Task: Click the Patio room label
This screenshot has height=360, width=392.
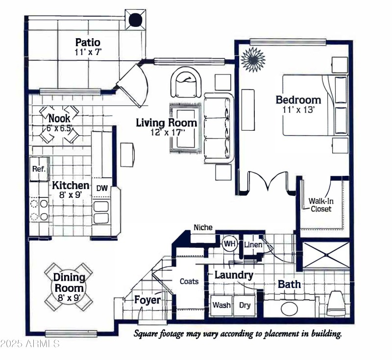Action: coord(88,42)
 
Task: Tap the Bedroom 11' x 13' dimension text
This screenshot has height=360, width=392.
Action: coord(298,110)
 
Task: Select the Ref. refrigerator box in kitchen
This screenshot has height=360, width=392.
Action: coord(39,169)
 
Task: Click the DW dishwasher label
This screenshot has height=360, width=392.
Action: coord(101,188)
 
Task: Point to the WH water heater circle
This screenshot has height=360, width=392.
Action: coord(229,243)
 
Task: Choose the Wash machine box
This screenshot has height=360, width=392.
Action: coord(221,305)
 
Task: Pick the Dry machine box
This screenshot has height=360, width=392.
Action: coord(245,305)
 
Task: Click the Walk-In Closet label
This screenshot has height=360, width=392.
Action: coord(320,205)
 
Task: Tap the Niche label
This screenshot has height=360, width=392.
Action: coord(203,227)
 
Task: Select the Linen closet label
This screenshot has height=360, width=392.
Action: coord(253,244)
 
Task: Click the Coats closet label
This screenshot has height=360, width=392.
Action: coord(189,281)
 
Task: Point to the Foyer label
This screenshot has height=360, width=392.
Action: coord(147,300)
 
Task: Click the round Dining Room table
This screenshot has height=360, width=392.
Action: coord(69,287)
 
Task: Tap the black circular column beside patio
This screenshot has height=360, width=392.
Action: coord(135,20)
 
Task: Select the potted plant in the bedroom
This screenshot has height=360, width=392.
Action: coord(253,59)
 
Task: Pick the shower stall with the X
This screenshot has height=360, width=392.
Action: coord(326,255)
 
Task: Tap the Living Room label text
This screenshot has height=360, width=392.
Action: coord(167,123)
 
